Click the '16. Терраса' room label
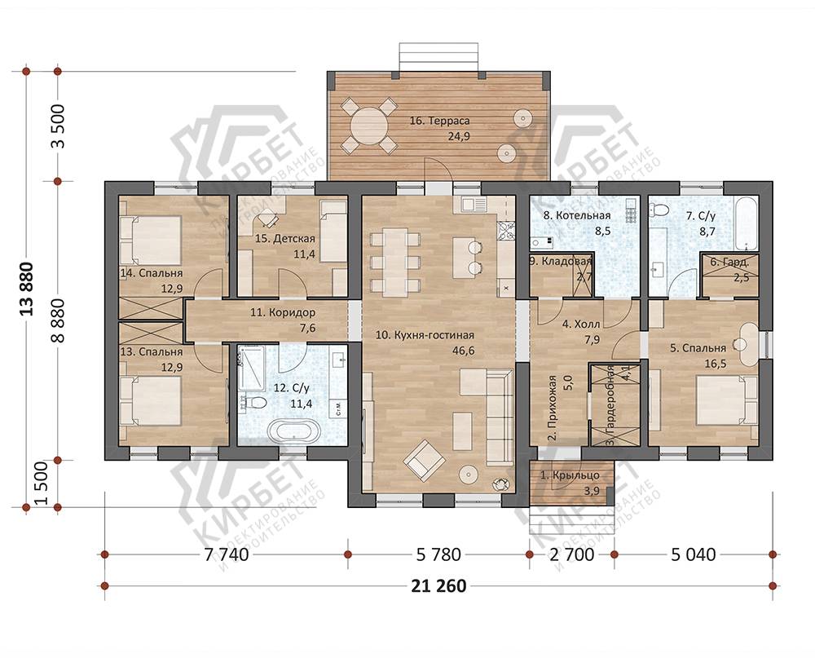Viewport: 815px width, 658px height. click(439, 121)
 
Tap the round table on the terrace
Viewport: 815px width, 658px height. click(368, 126)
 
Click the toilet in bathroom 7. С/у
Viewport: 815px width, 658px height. click(659, 210)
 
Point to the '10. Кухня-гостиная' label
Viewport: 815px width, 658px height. click(425, 335)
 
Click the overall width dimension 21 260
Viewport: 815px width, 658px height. click(438, 586)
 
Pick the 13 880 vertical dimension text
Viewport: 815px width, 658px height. click(26, 289)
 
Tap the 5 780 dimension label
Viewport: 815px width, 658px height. click(438, 554)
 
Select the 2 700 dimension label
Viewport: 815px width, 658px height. click(572, 554)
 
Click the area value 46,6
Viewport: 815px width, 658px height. click(464, 351)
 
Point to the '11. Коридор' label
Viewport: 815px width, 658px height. click(282, 312)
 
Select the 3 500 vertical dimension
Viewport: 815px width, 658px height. click(59, 126)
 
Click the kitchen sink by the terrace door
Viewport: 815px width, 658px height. click(469, 204)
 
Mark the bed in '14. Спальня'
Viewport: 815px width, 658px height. click(151, 241)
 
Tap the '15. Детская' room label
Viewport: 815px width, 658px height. click(284, 239)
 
